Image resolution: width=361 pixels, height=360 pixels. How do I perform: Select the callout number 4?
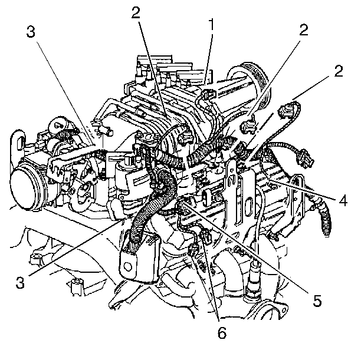click(343, 199)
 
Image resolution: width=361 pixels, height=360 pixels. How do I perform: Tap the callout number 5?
click(317, 300)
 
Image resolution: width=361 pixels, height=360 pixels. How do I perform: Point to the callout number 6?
click(222, 333)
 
